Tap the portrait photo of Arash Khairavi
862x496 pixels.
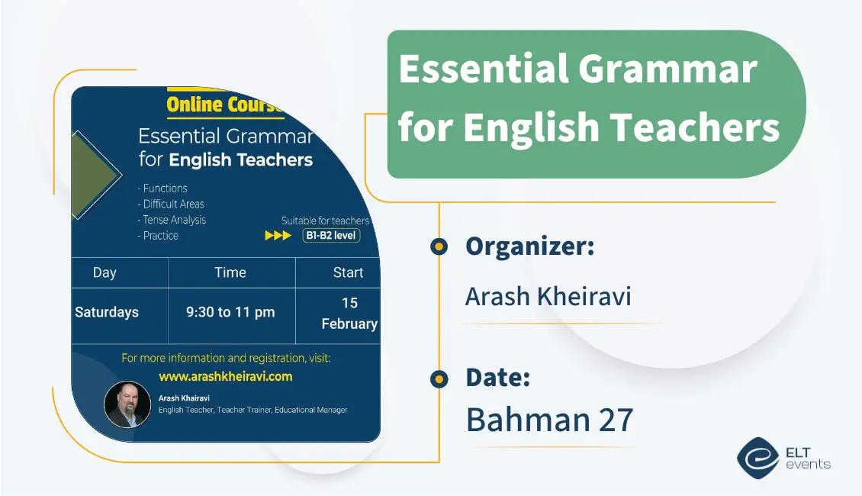[127, 404]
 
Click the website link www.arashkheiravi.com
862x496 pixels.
[225, 376]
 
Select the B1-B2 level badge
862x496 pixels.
[331, 236]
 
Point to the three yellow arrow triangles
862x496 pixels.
[278, 236]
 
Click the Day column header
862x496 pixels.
[105, 272]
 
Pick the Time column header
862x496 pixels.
[230, 272]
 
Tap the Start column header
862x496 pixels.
[348, 272]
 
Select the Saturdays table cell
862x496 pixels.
[107, 312]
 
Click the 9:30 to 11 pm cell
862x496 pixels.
[230, 312]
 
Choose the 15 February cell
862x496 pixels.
[349, 314]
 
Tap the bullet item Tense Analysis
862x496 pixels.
[172, 220]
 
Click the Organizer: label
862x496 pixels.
[529, 246]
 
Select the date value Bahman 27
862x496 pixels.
[549, 420]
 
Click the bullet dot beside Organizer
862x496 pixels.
[439, 246]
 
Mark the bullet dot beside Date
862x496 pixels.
[439, 378]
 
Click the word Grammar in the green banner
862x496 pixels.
[667, 69]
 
